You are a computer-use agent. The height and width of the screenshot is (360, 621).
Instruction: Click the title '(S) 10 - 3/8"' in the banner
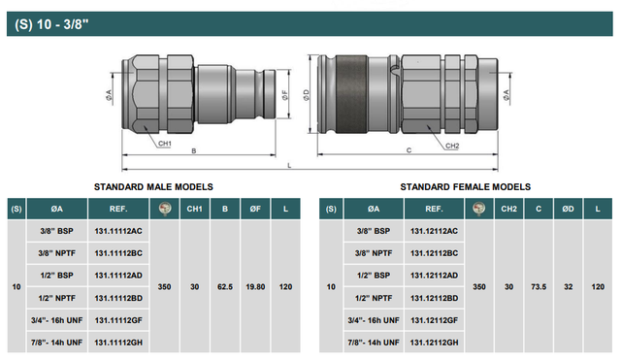(51, 24)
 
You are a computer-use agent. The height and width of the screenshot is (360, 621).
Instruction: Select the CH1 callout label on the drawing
(165, 144)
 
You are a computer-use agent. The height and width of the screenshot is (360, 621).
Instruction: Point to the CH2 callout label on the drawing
(452, 146)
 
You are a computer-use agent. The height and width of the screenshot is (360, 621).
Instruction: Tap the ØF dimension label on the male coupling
(285, 95)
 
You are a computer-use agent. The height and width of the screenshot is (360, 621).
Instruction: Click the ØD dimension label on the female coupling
(307, 95)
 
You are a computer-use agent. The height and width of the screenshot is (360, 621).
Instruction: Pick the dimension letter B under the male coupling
(194, 151)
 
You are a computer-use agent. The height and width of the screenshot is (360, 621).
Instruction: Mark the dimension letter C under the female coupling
(409, 150)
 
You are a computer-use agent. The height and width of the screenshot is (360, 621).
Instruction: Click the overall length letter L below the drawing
(289, 166)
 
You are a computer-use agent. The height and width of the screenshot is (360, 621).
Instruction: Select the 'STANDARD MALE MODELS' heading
(153, 187)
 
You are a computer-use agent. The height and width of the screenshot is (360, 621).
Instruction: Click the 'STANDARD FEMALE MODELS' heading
(466, 187)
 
